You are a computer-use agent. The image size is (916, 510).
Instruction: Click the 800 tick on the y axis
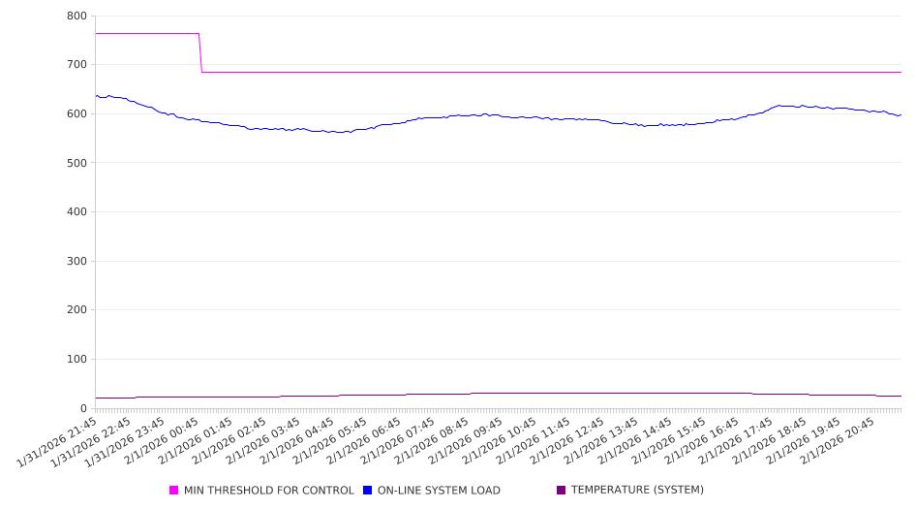point(76,16)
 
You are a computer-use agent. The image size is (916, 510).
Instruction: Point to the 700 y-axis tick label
point(76,65)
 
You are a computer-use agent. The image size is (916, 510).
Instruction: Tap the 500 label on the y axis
point(76,163)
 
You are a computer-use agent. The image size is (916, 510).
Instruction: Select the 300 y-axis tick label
point(76,262)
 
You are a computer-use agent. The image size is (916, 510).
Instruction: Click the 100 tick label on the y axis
point(76,360)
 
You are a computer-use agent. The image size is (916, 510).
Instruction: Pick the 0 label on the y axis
point(83,408)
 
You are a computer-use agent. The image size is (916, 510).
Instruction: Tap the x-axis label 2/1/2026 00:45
point(161,443)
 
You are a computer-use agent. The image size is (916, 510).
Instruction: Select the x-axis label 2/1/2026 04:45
point(295,443)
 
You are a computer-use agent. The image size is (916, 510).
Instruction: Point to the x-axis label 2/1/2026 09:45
point(464,443)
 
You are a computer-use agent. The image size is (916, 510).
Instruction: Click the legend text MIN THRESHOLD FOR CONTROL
point(268,491)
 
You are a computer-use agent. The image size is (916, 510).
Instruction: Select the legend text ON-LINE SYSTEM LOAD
point(439,491)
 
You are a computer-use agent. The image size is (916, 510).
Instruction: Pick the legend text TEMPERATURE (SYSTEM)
point(637,490)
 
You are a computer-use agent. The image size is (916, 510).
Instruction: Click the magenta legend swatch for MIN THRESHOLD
point(174,491)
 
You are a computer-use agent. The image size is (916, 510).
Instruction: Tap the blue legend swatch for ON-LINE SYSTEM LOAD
point(368,491)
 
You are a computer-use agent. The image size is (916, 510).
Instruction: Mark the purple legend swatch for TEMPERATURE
point(561,490)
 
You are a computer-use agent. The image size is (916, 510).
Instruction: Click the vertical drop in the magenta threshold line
point(200,53)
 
